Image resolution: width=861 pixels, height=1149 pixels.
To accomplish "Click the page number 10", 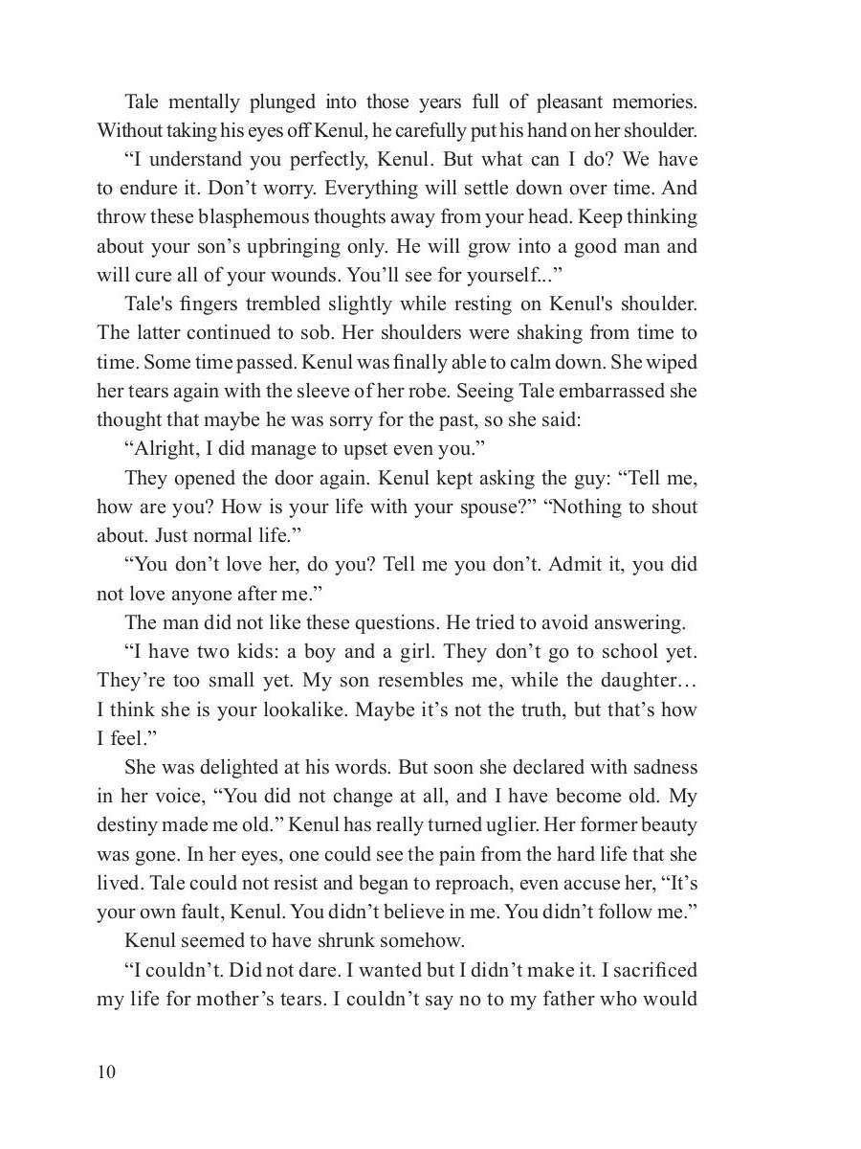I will [x=105, y=1071].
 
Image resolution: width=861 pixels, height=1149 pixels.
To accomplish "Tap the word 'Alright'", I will [x=168, y=449].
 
